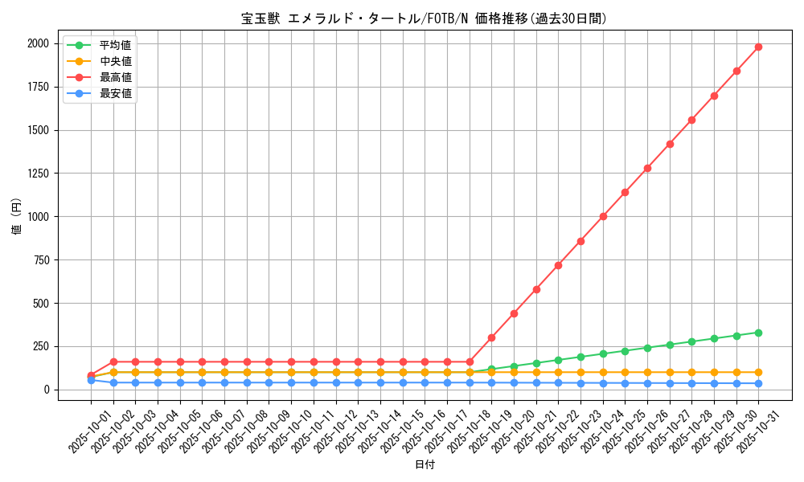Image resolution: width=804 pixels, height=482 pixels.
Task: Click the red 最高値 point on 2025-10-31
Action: pyautogui.click(x=758, y=47)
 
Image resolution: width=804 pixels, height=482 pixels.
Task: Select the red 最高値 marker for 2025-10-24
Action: pyautogui.click(x=603, y=216)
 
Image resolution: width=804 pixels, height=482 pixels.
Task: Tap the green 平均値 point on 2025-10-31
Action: pyautogui.click(x=758, y=333)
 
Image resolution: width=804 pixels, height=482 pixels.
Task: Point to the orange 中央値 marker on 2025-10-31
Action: pyautogui.click(x=758, y=372)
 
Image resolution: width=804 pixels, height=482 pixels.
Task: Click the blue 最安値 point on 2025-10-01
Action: pyautogui.click(x=91, y=380)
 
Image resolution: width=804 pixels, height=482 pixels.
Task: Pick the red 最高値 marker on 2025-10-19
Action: pyautogui.click(x=491, y=337)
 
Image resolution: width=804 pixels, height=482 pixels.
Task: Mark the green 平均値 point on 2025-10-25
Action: pyautogui.click(x=625, y=351)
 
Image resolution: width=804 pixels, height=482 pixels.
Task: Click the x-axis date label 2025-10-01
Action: pyautogui.click(x=76, y=434)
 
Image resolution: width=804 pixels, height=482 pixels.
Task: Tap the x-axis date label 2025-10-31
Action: pyautogui.click(x=744, y=434)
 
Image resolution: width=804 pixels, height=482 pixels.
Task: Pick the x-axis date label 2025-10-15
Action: pyautogui.click(x=388, y=434)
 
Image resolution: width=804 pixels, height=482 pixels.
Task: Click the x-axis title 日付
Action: pyautogui.click(x=425, y=465)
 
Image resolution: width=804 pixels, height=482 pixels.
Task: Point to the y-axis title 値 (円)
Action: pyautogui.click(x=16, y=217)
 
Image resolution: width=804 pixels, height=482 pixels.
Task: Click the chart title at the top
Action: pyautogui.click(x=425, y=18)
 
